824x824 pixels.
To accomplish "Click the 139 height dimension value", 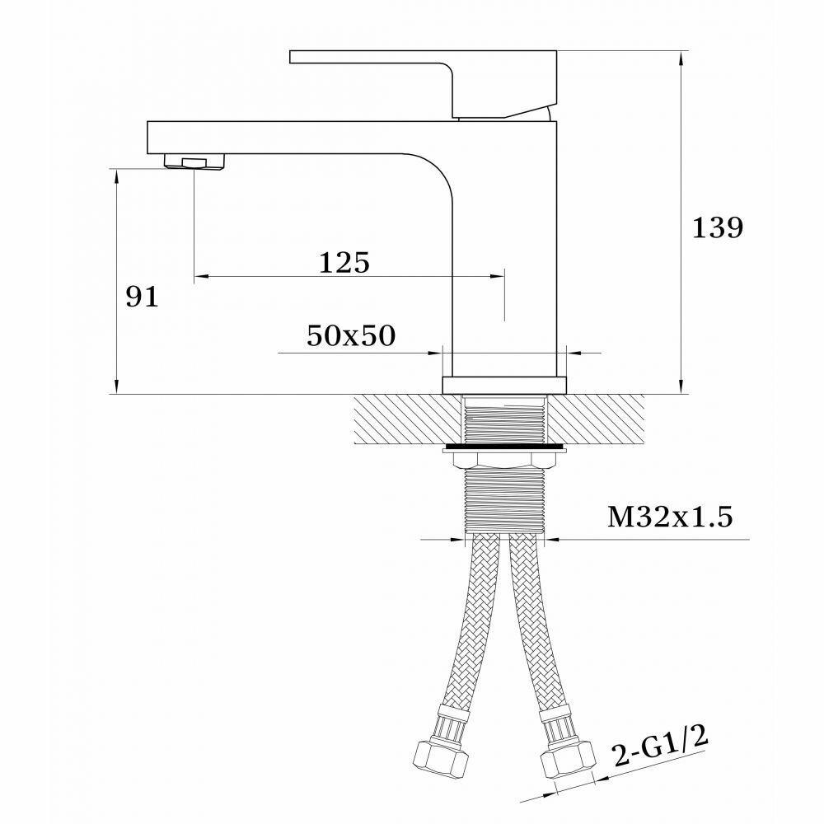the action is click(x=718, y=228).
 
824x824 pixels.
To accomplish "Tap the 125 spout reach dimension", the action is click(x=344, y=262).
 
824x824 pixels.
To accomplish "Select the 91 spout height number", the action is click(x=142, y=297).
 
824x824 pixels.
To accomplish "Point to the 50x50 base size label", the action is click(x=350, y=336).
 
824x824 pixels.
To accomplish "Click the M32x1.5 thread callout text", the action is click(x=670, y=517).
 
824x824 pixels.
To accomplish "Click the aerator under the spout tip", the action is click(x=195, y=161).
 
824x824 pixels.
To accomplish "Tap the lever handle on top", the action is click(x=423, y=84).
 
